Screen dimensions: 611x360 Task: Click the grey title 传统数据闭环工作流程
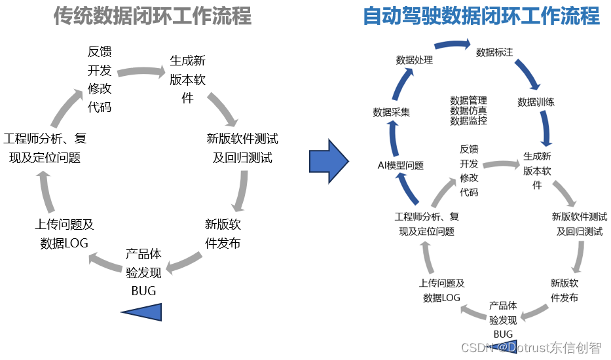[x=153, y=16]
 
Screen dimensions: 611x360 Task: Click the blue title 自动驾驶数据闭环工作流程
[x=481, y=16]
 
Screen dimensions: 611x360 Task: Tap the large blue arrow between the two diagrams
[x=329, y=161]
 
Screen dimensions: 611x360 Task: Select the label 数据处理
[x=415, y=60]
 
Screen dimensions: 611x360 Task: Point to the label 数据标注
[x=494, y=52]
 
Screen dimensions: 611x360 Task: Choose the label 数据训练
[x=536, y=102]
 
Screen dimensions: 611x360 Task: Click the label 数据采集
[x=391, y=112]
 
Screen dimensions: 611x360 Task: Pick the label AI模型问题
[x=401, y=166]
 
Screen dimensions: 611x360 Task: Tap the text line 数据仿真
[x=468, y=111]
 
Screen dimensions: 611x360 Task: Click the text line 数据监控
[x=468, y=121]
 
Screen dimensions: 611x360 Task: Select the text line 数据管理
[x=468, y=101]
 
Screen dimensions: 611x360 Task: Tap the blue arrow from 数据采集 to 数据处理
[x=401, y=84]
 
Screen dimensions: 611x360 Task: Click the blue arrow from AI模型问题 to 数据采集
[x=394, y=138]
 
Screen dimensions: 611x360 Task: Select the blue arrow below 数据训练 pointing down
[x=546, y=128]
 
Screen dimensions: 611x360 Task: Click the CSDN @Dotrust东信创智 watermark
[x=532, y=348]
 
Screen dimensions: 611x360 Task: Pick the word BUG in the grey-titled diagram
[x=143, y=291]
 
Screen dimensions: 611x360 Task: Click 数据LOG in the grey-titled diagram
[x=64, y=243]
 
